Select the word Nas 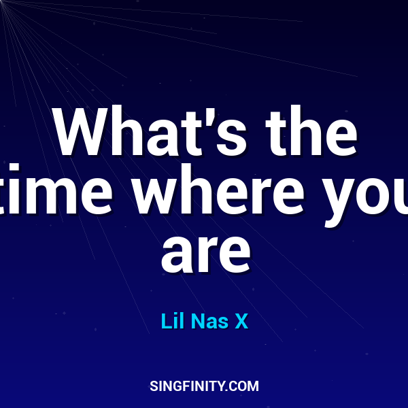coord(210,321)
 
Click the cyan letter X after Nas coord(241,321)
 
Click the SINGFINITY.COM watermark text coord(204,386)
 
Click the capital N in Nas coord(198,321)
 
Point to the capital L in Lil coord(166,321)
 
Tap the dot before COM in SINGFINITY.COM coord(228,390)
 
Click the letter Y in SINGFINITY coord(222,386)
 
